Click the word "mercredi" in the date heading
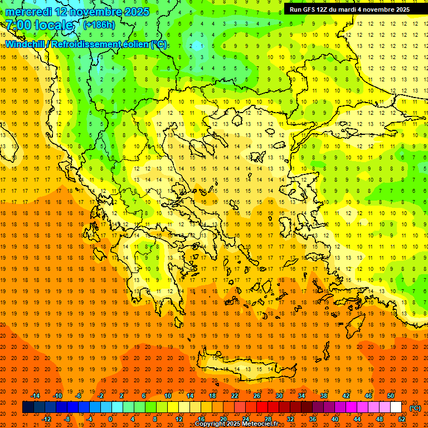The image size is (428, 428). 28,12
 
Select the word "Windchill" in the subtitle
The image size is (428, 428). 26,44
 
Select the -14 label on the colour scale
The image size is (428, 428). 36,396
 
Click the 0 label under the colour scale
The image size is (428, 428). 110,419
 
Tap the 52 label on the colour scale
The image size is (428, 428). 402,419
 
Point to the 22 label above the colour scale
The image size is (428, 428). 235,396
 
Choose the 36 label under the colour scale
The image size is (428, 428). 312,419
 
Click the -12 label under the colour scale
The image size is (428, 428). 47,419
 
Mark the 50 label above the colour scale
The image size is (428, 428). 390,396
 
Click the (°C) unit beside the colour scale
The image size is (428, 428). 415,407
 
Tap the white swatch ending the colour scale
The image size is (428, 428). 396,407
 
